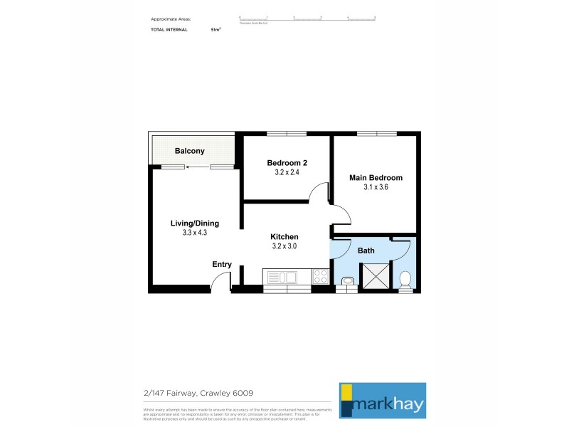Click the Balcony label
point(190,151)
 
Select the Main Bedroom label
point(376,178)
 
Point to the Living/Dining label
point(193,223)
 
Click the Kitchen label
point(284,237)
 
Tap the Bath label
point(366,251)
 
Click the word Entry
point(222,265)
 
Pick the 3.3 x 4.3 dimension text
point(193,232)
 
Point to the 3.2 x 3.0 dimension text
point(284,246)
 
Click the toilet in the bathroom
point(405,279)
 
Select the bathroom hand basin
point(346,283)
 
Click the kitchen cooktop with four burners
point(320,276)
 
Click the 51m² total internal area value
point(216,30)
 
